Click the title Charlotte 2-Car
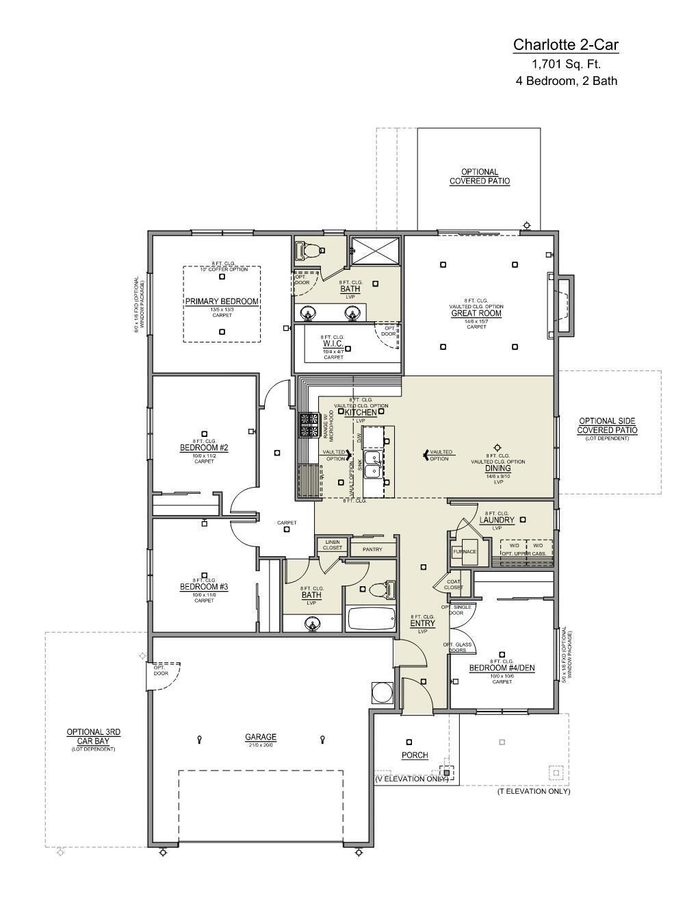566,45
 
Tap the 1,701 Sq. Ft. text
566,64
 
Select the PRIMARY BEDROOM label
222,302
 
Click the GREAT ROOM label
476,314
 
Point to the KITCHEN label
361,413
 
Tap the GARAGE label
261,738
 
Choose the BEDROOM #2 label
204,448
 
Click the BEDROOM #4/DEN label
502,668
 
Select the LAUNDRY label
497,520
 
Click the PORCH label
415,755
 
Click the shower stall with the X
375,251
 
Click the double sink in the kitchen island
373,464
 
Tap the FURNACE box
465,551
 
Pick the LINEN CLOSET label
333,545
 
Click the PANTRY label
373,549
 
